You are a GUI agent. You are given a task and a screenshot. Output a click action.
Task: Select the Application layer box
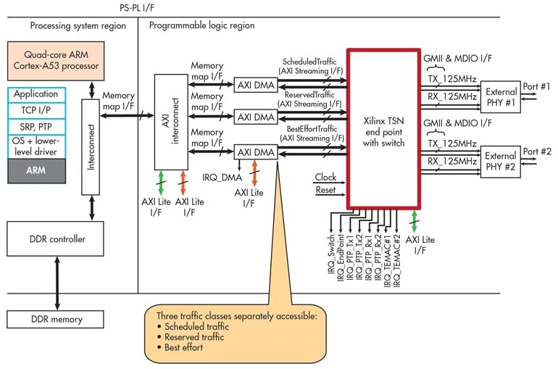click(x=36, y=94)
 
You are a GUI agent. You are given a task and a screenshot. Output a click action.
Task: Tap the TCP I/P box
click(x=36, y=110)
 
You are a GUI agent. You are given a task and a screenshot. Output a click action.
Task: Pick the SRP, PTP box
click(x=36, y=126)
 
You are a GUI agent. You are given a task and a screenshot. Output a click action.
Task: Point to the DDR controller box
click(x=56, y=239)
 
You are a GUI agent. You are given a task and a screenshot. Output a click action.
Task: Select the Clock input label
click(x=326, y=176)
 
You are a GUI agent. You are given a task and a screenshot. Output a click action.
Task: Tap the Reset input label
click(x=326, y=190)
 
